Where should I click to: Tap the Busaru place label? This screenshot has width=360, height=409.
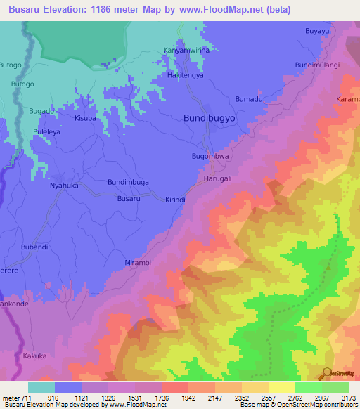[129, 199]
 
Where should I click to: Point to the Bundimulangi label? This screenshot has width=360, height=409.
[317, 65]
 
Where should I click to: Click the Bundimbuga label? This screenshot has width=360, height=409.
[128, 181]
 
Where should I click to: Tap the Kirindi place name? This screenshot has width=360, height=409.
[174, 200]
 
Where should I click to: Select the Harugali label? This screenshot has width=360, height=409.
[217, 178]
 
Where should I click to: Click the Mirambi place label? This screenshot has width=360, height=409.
[138, 261]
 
